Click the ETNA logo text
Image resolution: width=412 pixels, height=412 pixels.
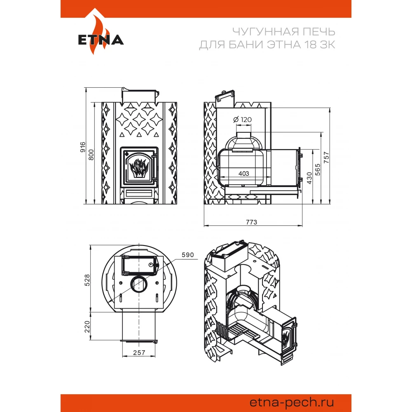pyautogui.click(x=101, y=40)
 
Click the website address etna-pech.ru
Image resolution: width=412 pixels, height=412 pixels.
pyautogui.click(x=292, y=402)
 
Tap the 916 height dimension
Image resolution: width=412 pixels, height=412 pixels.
pyautogui.click(x=83, y=147)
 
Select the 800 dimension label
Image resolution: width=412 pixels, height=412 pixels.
pyautogui.click(x=91, y=155)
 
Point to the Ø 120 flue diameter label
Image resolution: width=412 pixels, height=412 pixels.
pyautogui.click(x=243, y=119)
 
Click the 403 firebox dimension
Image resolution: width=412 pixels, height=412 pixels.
pyautogui.click(x=244, y=173)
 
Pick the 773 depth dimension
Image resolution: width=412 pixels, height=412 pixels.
pyautogui.click(x=251, y=222)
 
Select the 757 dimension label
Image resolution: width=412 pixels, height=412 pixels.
pyautogui.click(x=326, y=157)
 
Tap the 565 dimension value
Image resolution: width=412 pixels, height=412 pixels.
pyautogui.click(x=318, y=169)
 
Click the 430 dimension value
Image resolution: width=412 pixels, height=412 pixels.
pyautogui.click(x=309, y=178)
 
